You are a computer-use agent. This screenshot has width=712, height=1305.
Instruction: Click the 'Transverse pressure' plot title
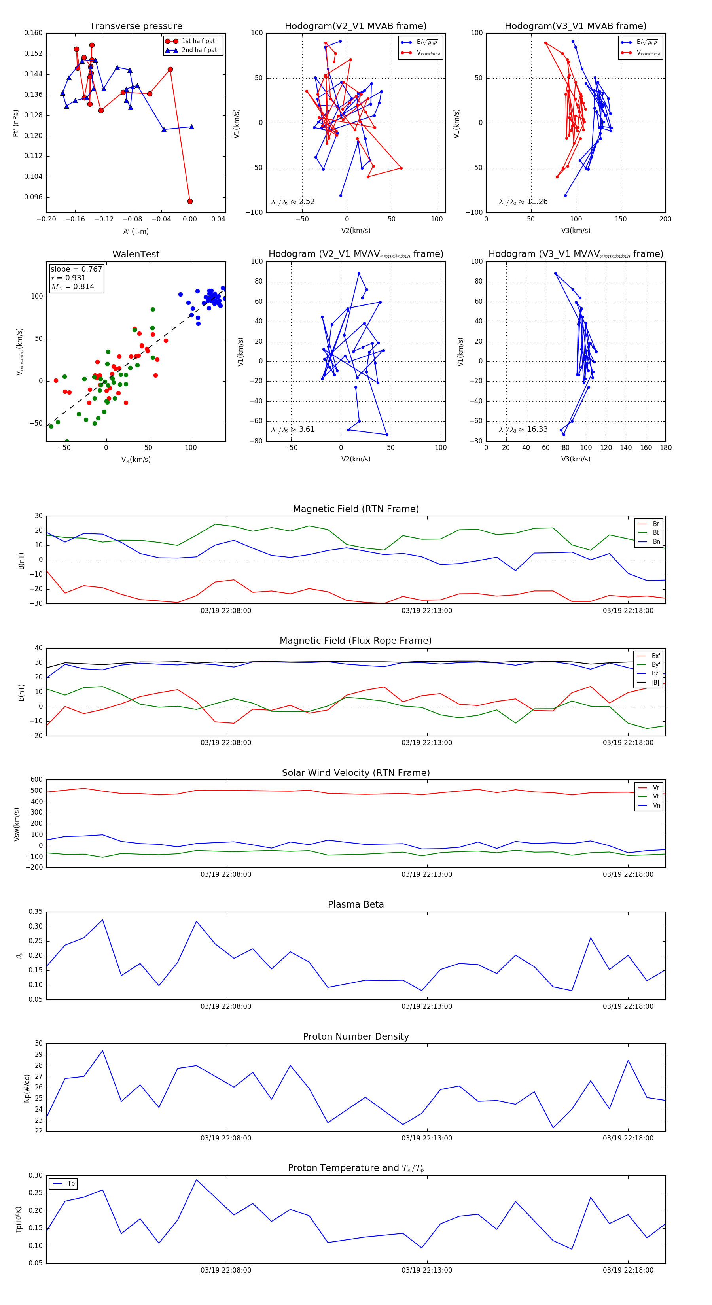[136, 26]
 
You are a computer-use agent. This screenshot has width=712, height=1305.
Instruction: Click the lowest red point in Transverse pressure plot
[190, 201]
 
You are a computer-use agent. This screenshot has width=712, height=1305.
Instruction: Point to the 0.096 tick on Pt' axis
[34, 197]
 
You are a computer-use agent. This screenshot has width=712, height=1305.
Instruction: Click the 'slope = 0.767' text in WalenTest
[76, 269]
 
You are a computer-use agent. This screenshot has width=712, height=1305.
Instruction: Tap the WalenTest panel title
[136, 254]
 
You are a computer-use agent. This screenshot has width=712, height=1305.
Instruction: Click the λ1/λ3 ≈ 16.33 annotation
[523, 429]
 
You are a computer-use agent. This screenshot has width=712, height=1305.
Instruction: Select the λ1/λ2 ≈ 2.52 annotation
[293, 202]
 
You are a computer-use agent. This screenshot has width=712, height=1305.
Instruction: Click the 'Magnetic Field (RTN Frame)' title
[356, 509]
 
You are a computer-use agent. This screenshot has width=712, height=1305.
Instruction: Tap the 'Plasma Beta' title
[356, 905]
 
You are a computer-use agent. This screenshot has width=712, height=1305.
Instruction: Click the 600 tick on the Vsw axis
[36, 780]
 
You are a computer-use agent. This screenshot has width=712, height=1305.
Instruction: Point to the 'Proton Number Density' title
[356, 1036]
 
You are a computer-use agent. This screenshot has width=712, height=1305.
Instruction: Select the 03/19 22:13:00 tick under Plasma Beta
[427, 1006]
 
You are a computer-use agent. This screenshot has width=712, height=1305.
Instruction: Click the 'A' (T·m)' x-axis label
[136, 231]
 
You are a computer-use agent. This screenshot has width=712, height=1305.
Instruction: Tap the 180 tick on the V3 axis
[665, 448]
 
